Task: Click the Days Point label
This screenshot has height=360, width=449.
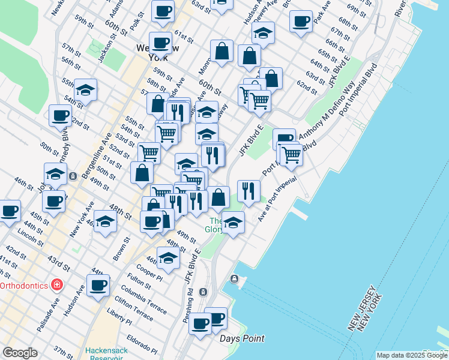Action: [x=242, y=338]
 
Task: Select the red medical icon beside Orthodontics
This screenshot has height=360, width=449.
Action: [x=56, y=284]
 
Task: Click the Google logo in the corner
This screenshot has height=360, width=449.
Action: [x=20, y=353]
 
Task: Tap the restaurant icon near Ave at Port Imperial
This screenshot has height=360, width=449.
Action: [x=249, y=191]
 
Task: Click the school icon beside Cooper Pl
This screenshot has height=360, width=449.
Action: [x=168, y=258]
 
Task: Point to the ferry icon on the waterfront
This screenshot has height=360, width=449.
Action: [x=234, y=279]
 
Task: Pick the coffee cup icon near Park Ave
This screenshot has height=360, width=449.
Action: [x=301, y=21]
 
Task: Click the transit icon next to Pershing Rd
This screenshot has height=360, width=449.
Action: [x=203, y=292]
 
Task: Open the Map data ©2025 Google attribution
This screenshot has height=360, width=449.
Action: [x=412, y=355]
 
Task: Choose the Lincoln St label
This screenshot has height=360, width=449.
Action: [x=30, y=234]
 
